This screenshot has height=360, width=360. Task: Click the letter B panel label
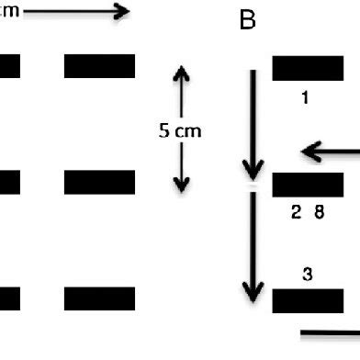[247, 21]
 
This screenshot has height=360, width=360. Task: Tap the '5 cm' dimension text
[179, 130]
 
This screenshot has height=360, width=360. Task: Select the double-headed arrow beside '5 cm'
[181, 129]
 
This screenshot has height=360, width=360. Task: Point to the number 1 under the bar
[305, 96]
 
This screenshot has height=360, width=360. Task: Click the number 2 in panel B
[297, 212]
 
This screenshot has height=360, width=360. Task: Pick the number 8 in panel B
[319, 212]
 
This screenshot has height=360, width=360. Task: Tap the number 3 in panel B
[307, 274]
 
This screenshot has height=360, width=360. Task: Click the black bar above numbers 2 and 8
[307, 184]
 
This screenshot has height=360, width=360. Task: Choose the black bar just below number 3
[307, 300]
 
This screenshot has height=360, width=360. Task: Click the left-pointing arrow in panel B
[331, 152]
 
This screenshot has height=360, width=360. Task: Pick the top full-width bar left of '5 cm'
[99, 66]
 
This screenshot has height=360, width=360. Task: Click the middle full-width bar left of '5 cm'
[99, 183]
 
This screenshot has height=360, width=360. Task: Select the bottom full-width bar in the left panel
[99, 298]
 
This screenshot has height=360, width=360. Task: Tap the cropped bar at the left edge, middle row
[8, 183]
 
